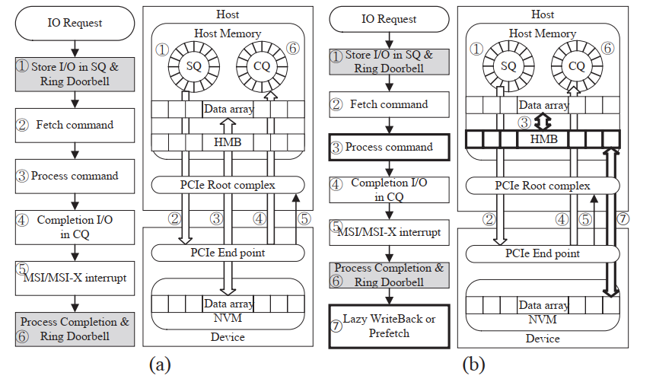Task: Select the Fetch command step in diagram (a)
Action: (x=75, y=125)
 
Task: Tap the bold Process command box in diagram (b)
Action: (x=388, y=147)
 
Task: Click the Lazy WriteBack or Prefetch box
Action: (x=388, y=326)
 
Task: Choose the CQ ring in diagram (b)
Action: (x=577, y=65)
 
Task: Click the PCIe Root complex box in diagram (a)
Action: (x=228, y=185)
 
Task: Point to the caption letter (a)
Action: (x=161, y=364)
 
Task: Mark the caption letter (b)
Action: (x=473, y=364)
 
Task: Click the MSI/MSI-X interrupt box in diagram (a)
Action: (x=75, y=278)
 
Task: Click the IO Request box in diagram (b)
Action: (x=388, y=19)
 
